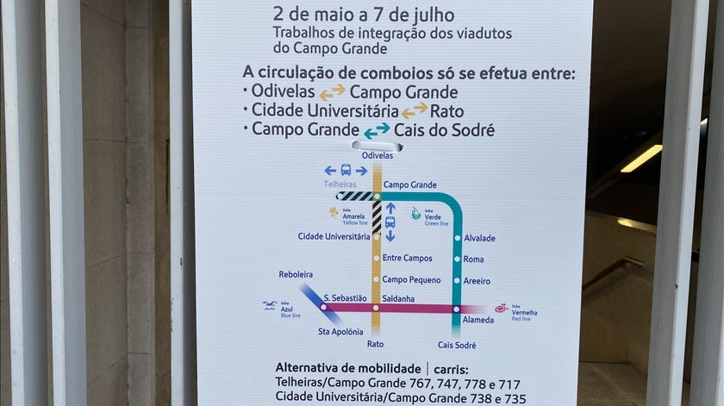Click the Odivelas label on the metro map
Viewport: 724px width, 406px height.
coord(378,155)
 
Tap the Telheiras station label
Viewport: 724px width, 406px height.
coord(340,184)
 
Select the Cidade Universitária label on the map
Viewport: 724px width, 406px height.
coord(334,236)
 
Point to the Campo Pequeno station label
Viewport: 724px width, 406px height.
coord(411,279)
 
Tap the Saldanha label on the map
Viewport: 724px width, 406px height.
coord(397,299)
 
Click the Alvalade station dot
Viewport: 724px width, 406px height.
coord(457,238)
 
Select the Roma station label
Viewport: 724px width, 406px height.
coord(473,259)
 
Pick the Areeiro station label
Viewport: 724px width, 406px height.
coord(477,281)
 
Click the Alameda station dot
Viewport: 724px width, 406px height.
coord(456,309)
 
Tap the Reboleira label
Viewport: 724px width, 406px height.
coord(296,274)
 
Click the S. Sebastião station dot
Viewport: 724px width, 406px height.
coord(325,307)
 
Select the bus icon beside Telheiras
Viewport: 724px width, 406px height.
coord(346,171)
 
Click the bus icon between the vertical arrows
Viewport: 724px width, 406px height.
coord(390,222)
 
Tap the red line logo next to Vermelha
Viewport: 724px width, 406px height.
coord(501,308)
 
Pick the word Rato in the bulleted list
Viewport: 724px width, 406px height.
coord(447,111)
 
